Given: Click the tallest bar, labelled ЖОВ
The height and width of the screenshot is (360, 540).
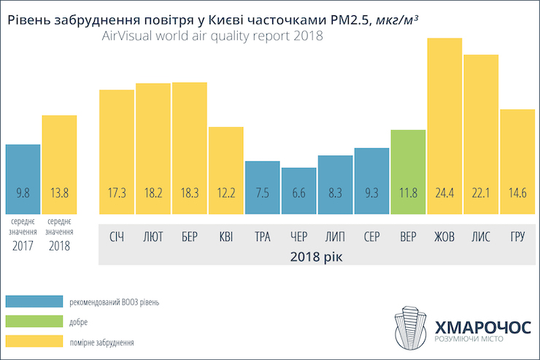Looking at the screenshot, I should click(444, 124).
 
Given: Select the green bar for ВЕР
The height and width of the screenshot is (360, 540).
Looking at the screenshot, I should click(408, 172).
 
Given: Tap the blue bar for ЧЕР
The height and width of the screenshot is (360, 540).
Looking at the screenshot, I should click(298, 190).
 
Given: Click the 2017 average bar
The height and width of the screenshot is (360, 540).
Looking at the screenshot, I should click(23, 179).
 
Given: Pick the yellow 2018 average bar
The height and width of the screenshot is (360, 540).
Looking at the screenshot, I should click(59, 164).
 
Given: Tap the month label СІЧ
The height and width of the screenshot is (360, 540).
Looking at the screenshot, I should click(117, 237).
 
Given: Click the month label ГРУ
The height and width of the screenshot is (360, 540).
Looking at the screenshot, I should click(517, 237).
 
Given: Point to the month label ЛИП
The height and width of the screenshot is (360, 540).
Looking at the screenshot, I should click(335, 237).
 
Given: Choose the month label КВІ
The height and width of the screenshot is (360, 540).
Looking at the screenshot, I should click(225, 237).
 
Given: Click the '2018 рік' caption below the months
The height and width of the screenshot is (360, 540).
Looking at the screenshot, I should click(316, 256).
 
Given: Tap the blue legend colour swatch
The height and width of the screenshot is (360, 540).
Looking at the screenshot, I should click(34, 302).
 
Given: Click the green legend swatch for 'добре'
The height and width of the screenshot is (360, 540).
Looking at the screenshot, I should click(34, 321).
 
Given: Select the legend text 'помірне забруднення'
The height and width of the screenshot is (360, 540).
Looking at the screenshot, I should click(101, 341).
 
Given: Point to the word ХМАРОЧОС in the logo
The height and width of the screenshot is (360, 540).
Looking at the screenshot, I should click(482, 326).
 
